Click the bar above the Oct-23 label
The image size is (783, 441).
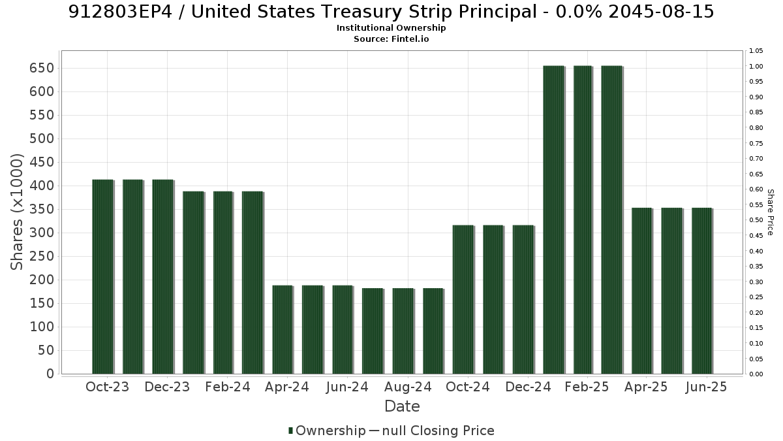pyautogui.click(x=103, y=277)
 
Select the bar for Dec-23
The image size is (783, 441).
pyautogui.click(x=163, y=277)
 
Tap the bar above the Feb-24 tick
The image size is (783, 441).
pyautogui.click(x=223, y=283)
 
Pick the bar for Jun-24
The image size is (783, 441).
pyautogui.click(x=343, y=330)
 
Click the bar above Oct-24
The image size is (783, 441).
pyautogui.click(x=463, y=300)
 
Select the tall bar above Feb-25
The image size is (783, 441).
pyautogui.click(x=583, y=220)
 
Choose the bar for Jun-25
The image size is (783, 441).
pyautogui.click(x=702, y=291)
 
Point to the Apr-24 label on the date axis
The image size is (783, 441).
pyautogui.click(x=287, y=387)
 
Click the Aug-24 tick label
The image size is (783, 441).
pyautogui.click(x=408, y=387)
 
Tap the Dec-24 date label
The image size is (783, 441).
pyautogui.click(x=528, y=387)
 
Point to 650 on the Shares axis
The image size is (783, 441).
pyautogui.click(x=42, y=68)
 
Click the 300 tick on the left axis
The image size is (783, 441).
pyautogui.click(x=42, y=233)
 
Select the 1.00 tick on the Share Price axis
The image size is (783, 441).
pyautogui.click(x=756, y=66)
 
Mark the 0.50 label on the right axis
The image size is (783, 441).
pyautogui.click(x=756, y=220)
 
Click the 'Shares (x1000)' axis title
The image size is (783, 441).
pyautogui.click(x=16, y=212)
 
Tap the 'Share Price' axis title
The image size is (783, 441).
pyautogui.click(x=771, y=212)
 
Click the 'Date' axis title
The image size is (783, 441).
pyautogui.click(x=402, y=406)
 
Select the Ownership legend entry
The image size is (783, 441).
pyautogui.click(x=327, y=431)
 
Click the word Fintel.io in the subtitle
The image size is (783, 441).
pyautogui.click(x=410, y=39)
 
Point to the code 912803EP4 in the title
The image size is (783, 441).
pyautogui.click(x=120, y=12)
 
